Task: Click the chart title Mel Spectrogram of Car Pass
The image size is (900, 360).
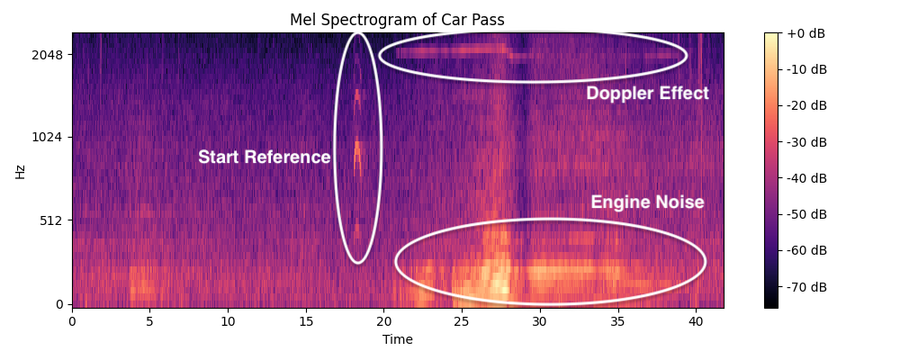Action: pos(398,20)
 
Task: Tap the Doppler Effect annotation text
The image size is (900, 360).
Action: pos(647,94)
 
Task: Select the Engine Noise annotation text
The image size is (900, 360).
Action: pos(647,202)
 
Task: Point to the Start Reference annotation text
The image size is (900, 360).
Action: pos(265,157)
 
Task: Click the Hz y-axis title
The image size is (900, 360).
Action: pos(20,171)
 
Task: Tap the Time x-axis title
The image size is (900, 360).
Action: pos(398,340)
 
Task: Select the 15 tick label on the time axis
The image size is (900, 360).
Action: pos(306,321)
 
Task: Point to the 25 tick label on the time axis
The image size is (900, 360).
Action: pos(462,321)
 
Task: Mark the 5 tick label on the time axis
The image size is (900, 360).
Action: pos(150,321)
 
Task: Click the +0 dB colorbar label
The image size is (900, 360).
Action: pos(805,33)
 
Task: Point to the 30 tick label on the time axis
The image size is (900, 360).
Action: pos(540,321)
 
